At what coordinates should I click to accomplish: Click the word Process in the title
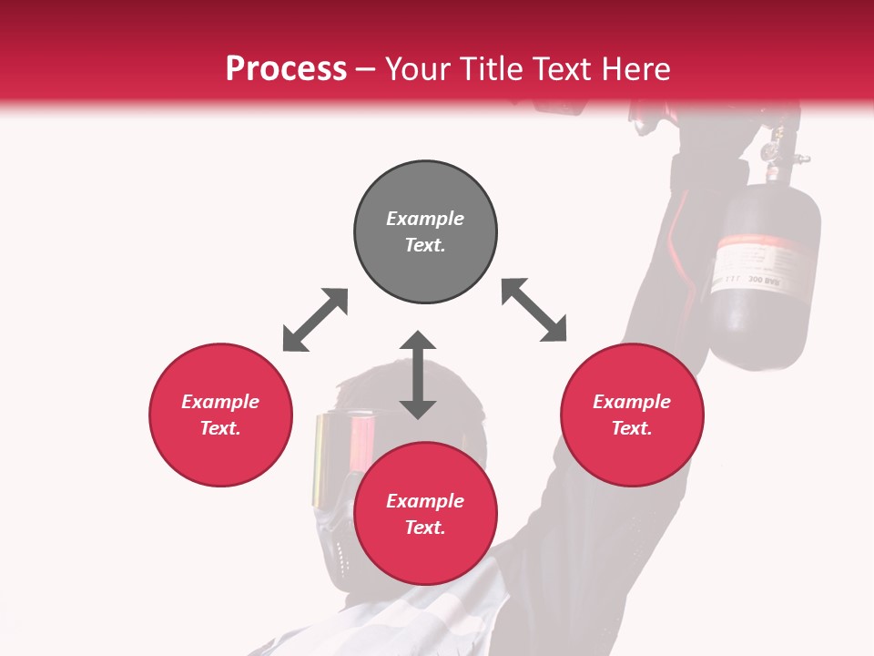[286, 69]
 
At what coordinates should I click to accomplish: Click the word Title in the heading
[494, 69]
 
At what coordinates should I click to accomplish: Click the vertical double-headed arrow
[418, 375]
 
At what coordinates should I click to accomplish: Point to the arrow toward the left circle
[315, 320]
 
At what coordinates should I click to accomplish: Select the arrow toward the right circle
[534, 310]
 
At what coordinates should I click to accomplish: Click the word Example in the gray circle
[425, 219]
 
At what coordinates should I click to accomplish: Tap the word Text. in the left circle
[220, 428]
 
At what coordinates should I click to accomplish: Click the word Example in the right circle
[632, 402]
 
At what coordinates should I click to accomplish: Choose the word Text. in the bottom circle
[425, 528]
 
